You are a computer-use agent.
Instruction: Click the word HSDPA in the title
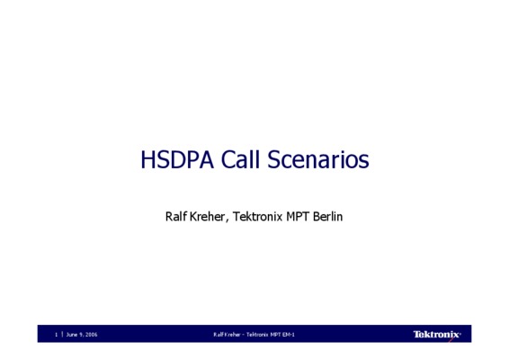177,159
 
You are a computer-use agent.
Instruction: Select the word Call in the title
240,159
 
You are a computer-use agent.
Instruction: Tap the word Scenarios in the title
318,159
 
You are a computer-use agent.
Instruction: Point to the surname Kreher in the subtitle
207,216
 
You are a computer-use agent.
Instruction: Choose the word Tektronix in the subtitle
258,216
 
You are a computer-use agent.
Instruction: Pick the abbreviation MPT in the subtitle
298,216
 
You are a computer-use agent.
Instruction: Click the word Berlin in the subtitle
328,216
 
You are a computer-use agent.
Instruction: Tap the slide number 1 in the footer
57,334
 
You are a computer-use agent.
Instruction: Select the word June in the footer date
71,334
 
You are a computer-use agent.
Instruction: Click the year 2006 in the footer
91,334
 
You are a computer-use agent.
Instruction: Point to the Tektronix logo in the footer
437,334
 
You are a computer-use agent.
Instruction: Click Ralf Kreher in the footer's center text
227,334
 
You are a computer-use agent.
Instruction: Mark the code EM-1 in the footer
289,334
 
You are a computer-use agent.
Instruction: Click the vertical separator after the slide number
62,334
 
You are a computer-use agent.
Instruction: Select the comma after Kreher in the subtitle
227,220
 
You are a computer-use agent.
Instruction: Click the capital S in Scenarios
273,159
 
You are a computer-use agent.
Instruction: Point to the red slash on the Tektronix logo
451,339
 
